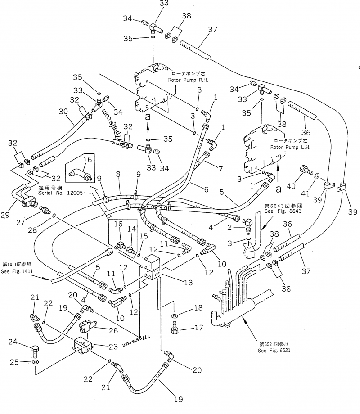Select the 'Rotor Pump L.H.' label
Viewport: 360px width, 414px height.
coord(290,147)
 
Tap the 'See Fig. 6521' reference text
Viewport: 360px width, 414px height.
coord(275,351)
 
